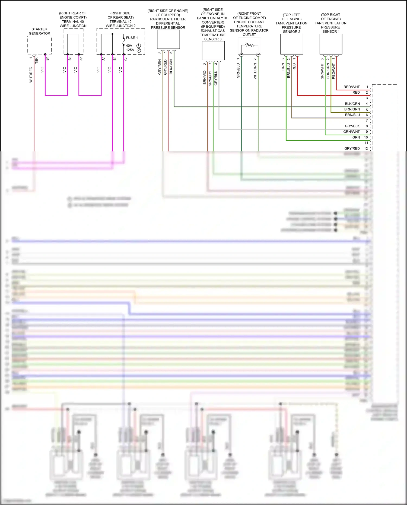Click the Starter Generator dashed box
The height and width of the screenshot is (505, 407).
point(40,45)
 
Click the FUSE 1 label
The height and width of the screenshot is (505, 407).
point(132,38)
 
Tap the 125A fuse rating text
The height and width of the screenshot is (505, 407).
point(130,50)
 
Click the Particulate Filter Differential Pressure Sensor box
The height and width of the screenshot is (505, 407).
point(168,39)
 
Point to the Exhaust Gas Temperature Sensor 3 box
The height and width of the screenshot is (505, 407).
point(213,50)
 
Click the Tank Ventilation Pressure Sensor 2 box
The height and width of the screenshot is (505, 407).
point(291,44)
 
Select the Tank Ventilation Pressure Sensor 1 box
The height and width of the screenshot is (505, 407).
point(331,44)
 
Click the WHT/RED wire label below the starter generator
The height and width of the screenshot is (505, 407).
point(31,75)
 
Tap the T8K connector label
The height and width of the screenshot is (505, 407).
point(37,61)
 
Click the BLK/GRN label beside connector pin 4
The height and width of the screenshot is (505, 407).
point(352,104)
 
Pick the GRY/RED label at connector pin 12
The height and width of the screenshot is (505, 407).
point(352,148)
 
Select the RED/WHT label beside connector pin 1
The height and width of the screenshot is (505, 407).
point(351,87)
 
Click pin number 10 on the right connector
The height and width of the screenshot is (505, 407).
point(366,137)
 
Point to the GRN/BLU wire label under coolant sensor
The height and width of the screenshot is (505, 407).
point(238,71)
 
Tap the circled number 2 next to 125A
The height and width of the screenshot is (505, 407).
point(139,50)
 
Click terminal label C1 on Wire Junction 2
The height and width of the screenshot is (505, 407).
point(126,59)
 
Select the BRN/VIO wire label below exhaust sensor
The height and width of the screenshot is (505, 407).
point(205,78)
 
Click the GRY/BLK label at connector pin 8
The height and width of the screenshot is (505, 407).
point(352,126)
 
